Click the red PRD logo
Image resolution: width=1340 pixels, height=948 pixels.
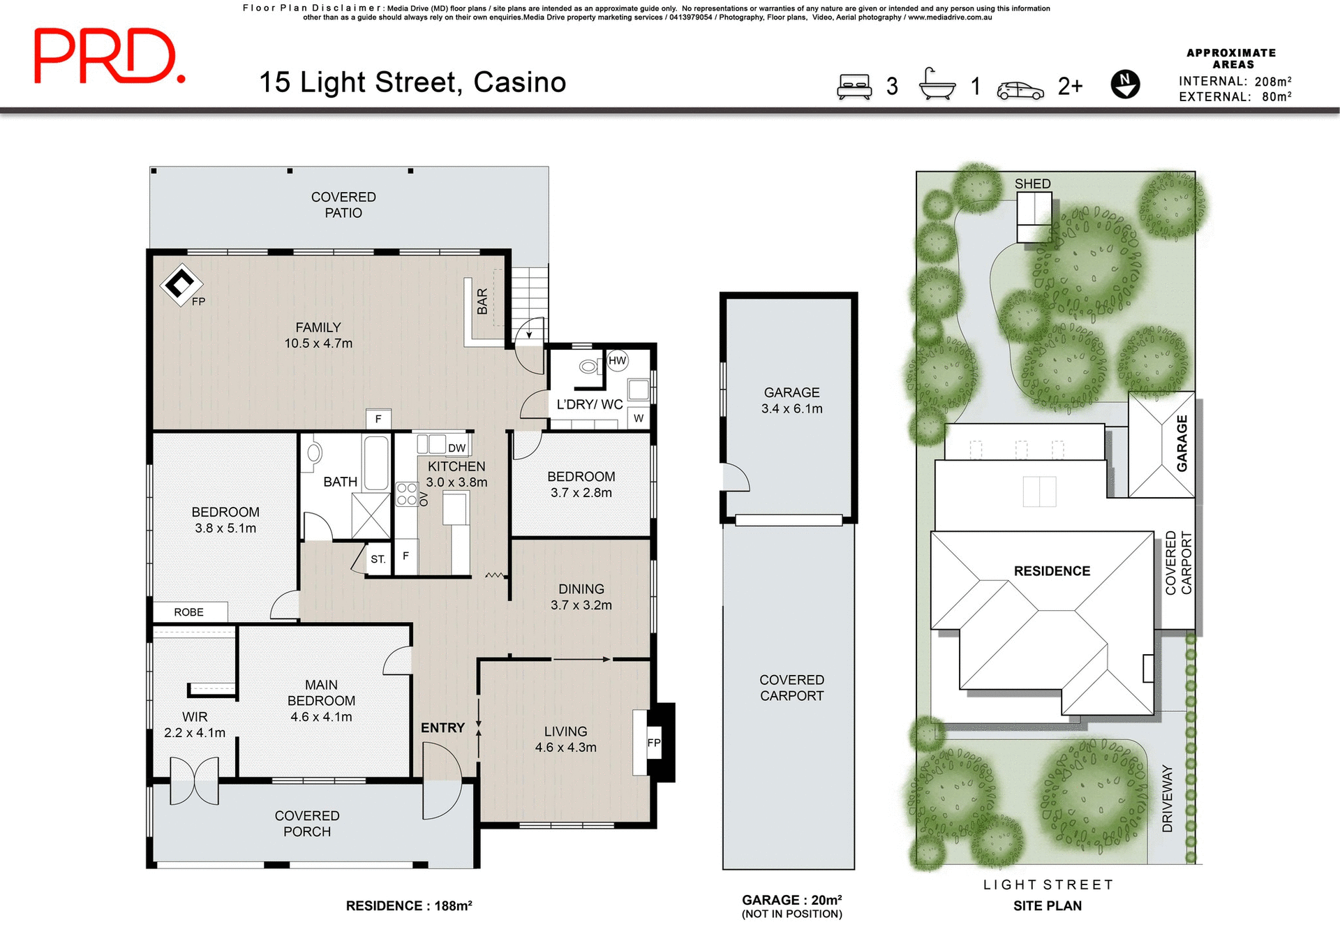pos(110,57)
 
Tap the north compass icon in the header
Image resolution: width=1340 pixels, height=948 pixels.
pos(1124,84)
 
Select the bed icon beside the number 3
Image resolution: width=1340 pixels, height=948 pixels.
pos(854,87)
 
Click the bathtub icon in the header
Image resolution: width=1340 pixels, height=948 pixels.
pos(937,85)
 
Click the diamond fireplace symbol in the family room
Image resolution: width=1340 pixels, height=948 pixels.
pos(181,284)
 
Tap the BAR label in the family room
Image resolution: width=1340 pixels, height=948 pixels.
pos(482,302)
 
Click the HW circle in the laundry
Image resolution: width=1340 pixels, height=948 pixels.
pos(617,361)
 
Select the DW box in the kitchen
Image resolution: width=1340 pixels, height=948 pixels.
pos(456,448)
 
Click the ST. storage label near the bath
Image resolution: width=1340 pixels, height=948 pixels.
pos(378,559)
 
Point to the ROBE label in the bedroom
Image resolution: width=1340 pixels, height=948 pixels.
pos(189,612)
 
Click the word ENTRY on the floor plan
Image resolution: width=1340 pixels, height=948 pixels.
pos(442,728)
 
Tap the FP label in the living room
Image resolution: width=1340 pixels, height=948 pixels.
pos(653,743)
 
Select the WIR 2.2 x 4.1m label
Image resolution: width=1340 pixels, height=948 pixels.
pos(195,725)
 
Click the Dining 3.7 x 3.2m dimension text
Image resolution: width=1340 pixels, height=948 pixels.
pos(581,605)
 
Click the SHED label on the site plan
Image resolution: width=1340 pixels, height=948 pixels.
pos(1032,184)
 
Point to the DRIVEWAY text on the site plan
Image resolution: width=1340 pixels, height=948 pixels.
pos(1168,798)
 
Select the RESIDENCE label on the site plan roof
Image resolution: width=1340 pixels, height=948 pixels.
pos(1051,571)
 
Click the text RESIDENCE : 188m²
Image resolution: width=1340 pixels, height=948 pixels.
pos(409,905)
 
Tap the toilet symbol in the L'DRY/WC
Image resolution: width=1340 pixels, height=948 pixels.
pos(589,366)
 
